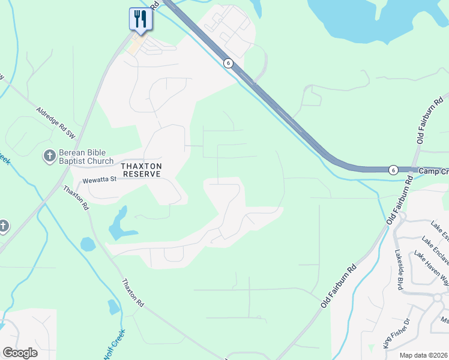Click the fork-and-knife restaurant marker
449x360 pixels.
[x=140, y=19]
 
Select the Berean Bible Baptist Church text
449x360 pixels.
[x=86, y=157]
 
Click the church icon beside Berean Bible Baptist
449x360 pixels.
[x=49, y=157]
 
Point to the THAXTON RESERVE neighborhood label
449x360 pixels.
[x=142, y=169]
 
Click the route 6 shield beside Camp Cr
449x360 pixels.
[x=393, y=170]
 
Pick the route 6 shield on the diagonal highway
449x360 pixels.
[x=228, y=63]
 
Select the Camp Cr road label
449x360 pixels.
[x=433, y=170]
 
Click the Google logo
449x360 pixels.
[x=20, y=353]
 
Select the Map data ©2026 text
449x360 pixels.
[x=423, y=355]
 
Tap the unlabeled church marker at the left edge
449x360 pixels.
[x=3, y=226]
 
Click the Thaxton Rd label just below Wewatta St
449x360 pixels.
[x=77, y=197]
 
